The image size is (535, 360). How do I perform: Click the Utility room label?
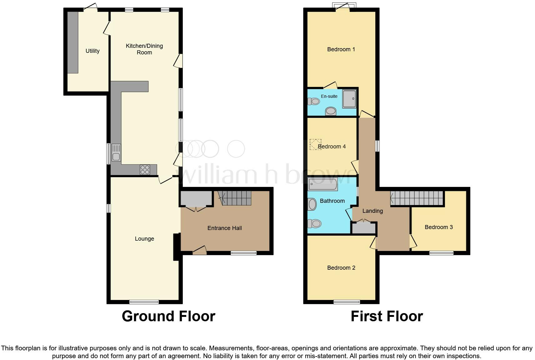(92, 51)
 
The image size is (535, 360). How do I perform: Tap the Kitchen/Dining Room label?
(144, 49)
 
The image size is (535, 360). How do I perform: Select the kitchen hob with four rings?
(145, 169)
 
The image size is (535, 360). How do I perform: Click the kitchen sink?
(116, 153)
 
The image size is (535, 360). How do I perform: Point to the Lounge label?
(144, 239)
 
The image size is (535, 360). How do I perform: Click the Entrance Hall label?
(224, 228)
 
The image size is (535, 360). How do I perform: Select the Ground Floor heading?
(168, 316)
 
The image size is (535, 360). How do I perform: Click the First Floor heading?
(387, 316)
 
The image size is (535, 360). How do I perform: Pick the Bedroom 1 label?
(341, 49)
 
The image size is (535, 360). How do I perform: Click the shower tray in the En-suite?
(349, 99)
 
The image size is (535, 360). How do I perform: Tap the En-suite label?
(329, 96)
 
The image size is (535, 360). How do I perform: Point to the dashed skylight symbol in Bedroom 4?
(315, 145)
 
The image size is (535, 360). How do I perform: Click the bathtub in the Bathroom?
(322, 184)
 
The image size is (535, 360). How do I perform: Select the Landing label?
(372, 211)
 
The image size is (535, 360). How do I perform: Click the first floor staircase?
(417, 198)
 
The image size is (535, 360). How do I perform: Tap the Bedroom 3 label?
(438, 227)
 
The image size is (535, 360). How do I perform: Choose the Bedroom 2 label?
(341, 268)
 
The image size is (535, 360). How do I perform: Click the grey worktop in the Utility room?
(73, 42)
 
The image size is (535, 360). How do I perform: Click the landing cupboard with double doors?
(364, 228)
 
